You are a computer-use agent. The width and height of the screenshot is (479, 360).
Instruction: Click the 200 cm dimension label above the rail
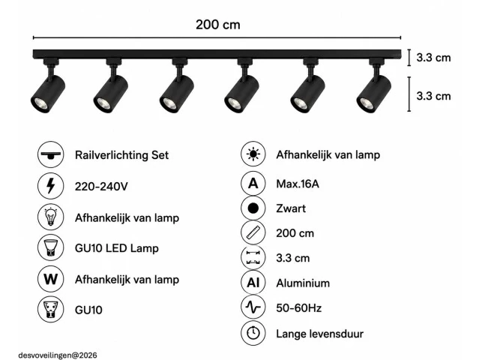(218, 25)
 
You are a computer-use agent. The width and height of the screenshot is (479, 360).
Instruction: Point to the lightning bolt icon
(51, 186)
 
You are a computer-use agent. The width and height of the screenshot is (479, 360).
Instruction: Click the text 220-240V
(101, 186)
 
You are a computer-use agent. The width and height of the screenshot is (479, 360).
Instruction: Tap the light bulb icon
(51, 217)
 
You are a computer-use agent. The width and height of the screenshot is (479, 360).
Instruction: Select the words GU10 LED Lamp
(117, 247)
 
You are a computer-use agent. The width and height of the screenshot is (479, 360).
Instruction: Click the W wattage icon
(51, 279)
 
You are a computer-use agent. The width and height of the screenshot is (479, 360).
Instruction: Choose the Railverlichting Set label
(121, 155)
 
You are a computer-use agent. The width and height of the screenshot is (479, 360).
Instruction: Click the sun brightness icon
(253, 154)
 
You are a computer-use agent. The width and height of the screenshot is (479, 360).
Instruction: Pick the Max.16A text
(298, 184)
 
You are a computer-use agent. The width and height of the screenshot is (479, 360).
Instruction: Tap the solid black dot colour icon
(253, 208)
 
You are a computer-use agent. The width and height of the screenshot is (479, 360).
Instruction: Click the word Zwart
(291, 208)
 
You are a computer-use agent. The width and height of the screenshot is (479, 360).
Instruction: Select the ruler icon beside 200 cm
(253, 232)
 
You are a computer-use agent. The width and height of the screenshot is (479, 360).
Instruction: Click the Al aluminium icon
(253, 283)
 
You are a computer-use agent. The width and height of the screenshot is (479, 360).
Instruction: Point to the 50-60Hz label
(299, 307)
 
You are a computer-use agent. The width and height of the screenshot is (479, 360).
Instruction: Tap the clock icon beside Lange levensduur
(253, 333)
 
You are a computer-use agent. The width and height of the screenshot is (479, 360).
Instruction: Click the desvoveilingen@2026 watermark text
(58, 355)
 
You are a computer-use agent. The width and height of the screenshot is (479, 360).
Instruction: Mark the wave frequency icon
(253, 307)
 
